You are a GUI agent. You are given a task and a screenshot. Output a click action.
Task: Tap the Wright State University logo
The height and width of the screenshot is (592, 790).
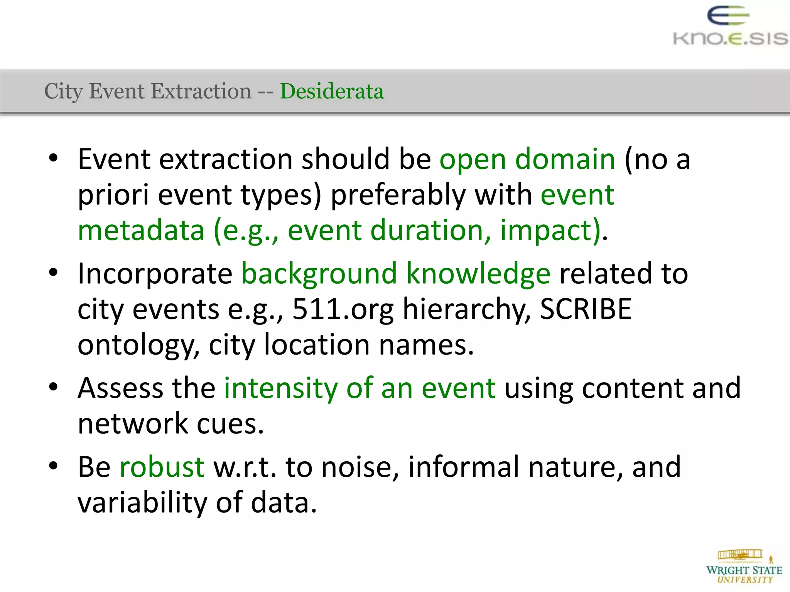[x=744, y=567]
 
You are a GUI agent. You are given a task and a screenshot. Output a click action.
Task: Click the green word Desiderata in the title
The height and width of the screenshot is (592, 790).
[x=332, y=91]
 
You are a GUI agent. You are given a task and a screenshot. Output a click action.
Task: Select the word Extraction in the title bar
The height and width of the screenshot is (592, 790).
[x=201, y=91]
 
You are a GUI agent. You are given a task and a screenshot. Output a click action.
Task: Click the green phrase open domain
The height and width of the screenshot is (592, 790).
[x=527, y=159]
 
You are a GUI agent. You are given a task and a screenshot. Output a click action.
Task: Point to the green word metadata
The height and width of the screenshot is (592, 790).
[x=141, y=230]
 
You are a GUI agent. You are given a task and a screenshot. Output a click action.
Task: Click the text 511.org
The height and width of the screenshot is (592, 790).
[x=343, y=309]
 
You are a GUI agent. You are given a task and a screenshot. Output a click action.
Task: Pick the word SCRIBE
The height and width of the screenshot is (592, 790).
[x=585, y=309]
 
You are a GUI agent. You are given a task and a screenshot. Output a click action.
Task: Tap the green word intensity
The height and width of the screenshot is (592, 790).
[x=280, y=388]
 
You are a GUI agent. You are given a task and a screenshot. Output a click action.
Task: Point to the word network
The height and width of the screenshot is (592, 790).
[x=133, y=424]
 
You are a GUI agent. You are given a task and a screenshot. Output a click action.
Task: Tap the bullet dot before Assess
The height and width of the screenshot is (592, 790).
[x=53, y=387]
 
